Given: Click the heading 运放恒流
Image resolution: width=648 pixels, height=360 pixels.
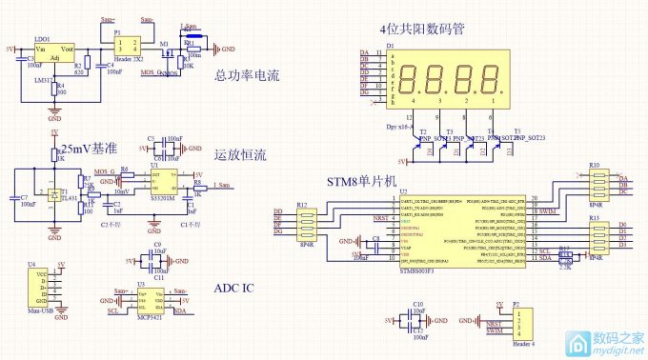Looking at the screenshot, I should click(x=241, y=154).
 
